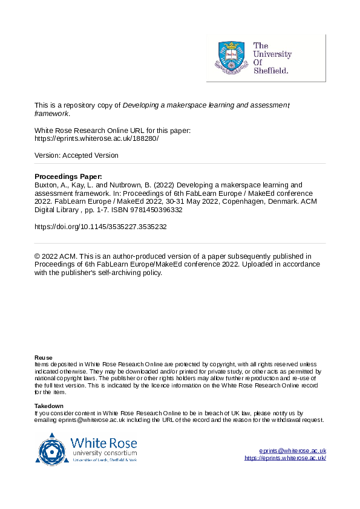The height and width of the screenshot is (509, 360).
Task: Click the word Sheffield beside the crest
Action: [271, 70]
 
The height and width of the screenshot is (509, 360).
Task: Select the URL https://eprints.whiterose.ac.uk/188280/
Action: [97, 138]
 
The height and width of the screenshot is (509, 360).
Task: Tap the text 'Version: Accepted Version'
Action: [76, 155]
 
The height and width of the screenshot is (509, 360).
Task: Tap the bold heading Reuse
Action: [44, 358]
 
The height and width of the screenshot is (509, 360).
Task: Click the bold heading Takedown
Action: [48, 405]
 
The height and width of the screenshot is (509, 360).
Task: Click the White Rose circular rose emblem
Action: [53, 449]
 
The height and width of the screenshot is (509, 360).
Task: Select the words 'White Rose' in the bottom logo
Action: [103, 443]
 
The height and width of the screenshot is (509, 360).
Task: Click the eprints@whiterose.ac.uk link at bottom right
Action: [292, 451]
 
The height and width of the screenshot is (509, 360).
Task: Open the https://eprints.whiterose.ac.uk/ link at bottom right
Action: [285, 458]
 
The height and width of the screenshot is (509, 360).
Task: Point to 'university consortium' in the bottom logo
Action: [104, 453]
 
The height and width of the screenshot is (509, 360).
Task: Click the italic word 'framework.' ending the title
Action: [52, 113]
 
